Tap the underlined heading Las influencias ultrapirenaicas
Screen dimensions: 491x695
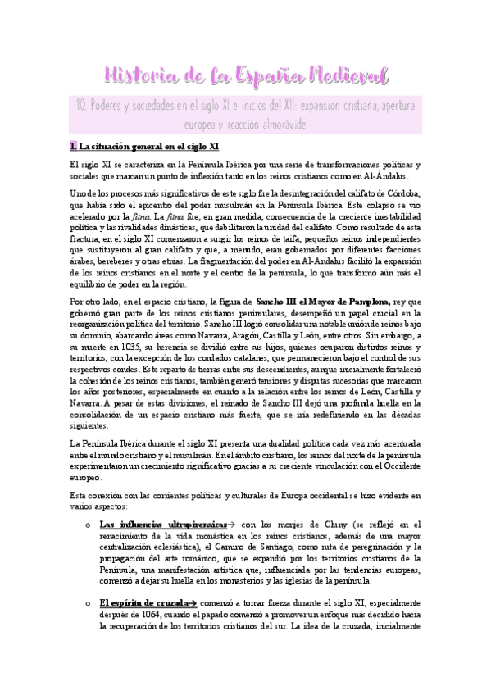coord(149,524)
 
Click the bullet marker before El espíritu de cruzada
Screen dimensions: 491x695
coord(89,602)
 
